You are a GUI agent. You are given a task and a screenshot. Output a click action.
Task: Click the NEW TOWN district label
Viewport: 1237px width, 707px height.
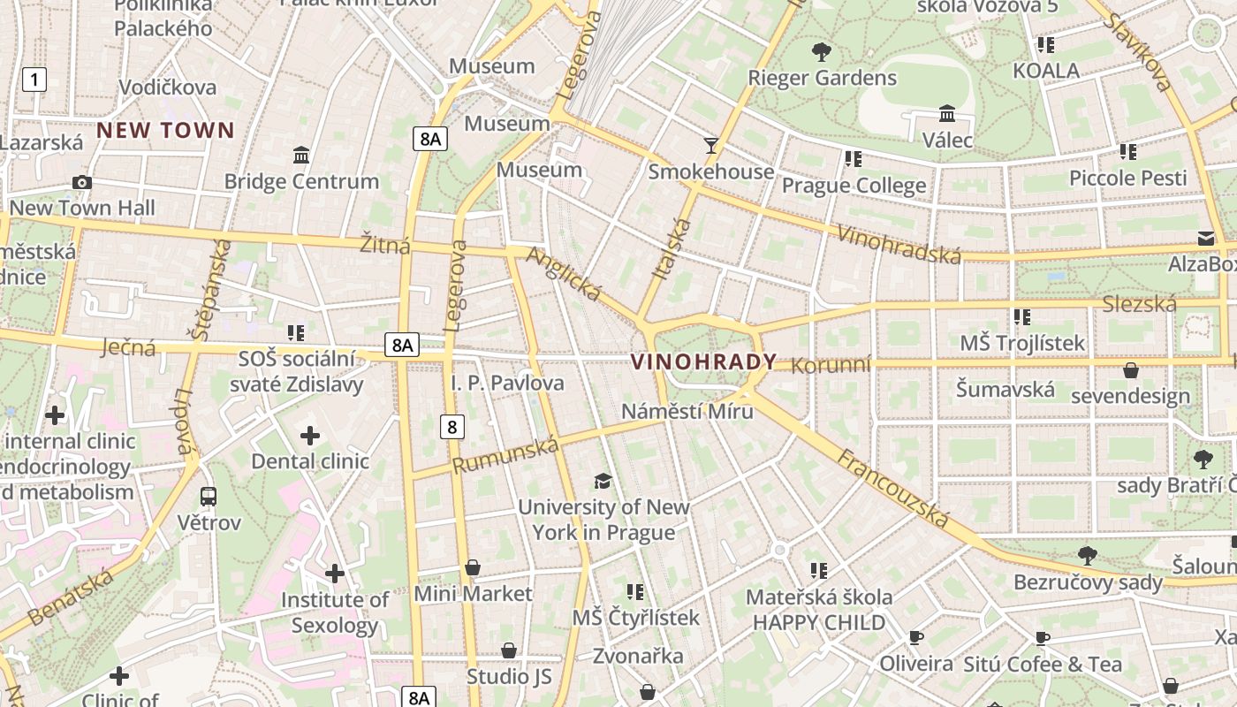pyautogui.click(x=165, y=131)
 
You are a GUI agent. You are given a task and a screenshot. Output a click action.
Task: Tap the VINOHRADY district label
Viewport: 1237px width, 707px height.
pyautogui.click(x=703, y=361)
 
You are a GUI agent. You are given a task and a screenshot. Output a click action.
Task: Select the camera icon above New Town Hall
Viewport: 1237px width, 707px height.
pyautogui.click(x=82, y=182)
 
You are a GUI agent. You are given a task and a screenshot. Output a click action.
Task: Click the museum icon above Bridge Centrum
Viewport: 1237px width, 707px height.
pyautogui.click(x=301, y=156)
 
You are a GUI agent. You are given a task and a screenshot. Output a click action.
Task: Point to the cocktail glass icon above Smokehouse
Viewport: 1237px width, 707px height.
pyautogui.click(x=710, y=145)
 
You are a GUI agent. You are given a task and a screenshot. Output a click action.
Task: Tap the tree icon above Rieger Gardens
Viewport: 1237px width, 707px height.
pyautogui.click(x=822, y=51)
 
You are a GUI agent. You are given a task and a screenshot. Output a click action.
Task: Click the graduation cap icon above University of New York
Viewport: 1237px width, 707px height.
pyautogui.click(x=603, y=481)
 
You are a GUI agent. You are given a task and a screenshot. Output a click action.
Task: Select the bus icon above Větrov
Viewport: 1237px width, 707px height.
pyautogui.click(x=209, y=497)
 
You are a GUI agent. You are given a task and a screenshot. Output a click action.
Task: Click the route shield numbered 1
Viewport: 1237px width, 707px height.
pyautogui.click(x=34, y=80)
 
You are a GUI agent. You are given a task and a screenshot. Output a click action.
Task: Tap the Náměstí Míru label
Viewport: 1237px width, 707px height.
pyautogui.click(x=687, y=411)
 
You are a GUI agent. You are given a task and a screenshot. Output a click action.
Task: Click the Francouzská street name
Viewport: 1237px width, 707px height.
pyautogui.click(x=892, y=489)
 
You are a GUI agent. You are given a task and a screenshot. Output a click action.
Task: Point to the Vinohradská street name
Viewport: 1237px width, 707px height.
pyautogui.click(x=898, y=245)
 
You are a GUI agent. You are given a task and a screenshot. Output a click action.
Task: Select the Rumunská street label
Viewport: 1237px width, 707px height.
pyautogui.click(x=505, y=455)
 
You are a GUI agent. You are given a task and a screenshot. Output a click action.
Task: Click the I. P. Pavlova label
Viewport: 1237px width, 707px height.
pyautogui.click(x=507, y=383)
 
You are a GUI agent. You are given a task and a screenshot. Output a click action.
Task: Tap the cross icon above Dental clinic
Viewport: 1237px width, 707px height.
pyautogui.click(x=310, y=435)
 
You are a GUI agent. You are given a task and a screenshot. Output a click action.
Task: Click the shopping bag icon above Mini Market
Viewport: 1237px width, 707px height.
pyautogui.click(x=473, y=567)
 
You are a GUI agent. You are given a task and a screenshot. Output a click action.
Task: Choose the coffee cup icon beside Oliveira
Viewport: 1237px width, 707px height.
pyautogui.click(x=916, y=638)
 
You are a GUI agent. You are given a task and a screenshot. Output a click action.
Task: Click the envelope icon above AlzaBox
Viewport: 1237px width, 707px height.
pyautogui.click(x=1206, y=238)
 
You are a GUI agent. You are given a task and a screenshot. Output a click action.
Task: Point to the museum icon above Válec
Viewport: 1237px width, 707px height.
pyautogui.click(x=947, y=114)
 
